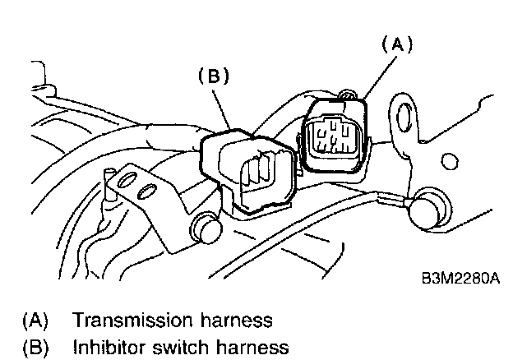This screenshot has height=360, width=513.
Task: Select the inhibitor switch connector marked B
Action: tap(250, 169)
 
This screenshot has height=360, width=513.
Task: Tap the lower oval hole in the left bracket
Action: tap(146, 193)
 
